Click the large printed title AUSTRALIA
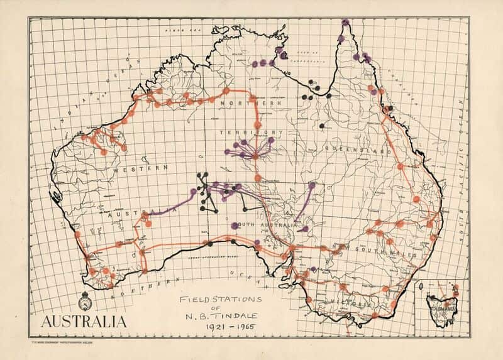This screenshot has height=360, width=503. [83, 322]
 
